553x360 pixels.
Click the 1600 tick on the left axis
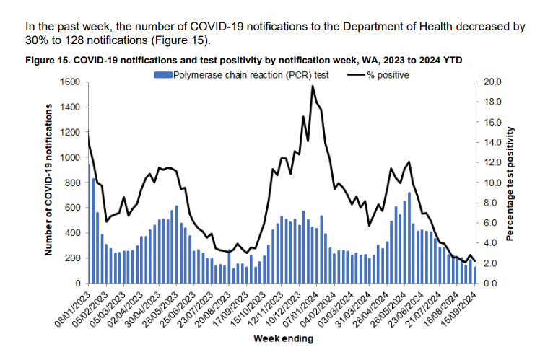click(x=70, y=82)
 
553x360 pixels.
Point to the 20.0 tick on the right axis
click(x=492, y=82)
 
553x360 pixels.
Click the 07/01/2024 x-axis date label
click(x=302, y=309)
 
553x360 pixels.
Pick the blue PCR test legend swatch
click(x=162, y=74)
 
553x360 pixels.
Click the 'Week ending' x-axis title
click(x=282, y=338)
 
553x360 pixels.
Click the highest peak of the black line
click(x=313, y=86)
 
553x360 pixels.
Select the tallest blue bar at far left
click(x=90, y=224)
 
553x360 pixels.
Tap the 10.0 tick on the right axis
click(x=492, y=183)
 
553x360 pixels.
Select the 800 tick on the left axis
click(x=72, y=183)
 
